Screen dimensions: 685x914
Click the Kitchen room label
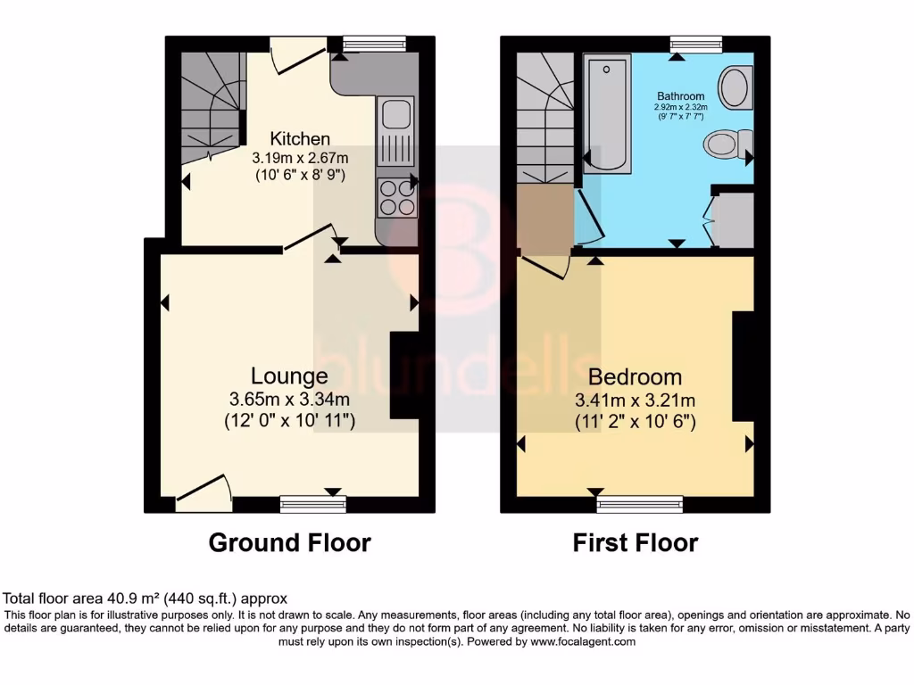click(300, 139)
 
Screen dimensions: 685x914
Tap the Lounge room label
click(288, 376)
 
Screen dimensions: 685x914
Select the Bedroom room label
click(635, 377)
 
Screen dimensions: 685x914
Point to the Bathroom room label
click(681, 96)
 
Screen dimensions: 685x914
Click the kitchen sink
click(395, 114)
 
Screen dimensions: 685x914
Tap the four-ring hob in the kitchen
click(397, 197)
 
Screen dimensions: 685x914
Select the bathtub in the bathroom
click(607, 111)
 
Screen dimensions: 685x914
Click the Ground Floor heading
click(289, 541)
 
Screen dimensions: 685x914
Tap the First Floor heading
click(636, 541)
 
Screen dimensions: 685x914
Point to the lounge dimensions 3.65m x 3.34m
click(290, 400)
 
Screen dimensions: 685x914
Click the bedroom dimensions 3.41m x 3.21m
click(636, 400)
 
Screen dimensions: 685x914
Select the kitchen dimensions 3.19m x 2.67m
click(301, 159)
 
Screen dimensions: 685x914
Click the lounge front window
click(312, 505)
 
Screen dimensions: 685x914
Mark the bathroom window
click(696, 42)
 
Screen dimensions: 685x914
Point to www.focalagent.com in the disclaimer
click(582, 641)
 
